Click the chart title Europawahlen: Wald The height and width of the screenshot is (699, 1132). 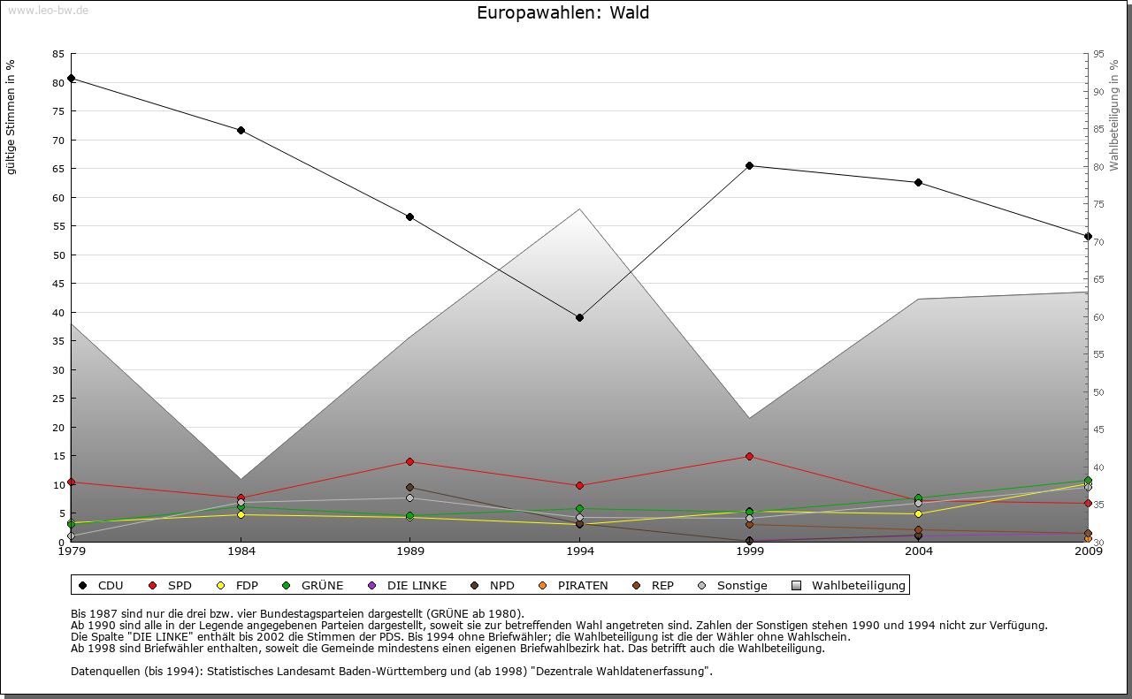[x=562, y=12]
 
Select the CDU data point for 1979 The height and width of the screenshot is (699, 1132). [x=71, y=79]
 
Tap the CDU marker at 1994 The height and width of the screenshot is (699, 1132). [x=579, y=317]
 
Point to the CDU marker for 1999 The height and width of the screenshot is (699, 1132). [x=749, y=165]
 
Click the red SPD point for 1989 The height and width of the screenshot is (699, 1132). [x=409, y=461]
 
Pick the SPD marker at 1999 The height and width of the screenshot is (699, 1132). [x=749, y=457]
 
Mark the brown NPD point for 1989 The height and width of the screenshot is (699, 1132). [x=409, y=487]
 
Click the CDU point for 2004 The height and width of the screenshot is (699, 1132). [x=918, y=183]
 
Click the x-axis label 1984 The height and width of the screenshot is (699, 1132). [x=241, y=551]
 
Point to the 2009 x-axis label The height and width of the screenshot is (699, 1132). [x=1088, y=551]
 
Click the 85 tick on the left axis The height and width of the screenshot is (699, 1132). [x=58, y=54]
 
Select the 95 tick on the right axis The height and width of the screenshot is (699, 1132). [x=1099, y=54]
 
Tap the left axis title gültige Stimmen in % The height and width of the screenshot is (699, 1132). [x=11, y=118]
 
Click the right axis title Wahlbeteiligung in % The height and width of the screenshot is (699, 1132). [x=1114, y=116]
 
